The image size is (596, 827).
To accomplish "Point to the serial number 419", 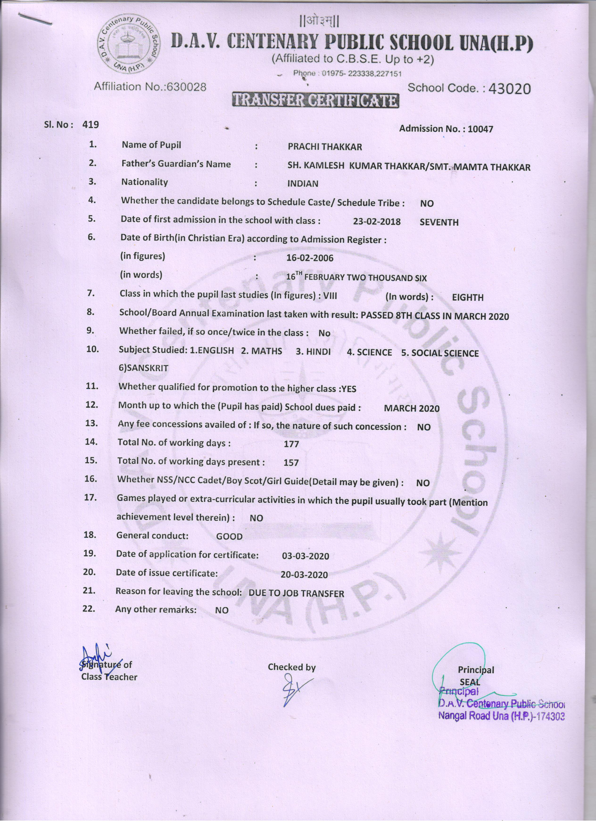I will point(90,125).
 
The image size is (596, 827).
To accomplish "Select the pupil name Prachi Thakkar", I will point(325,147).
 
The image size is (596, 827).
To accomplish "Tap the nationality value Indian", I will point(302,184).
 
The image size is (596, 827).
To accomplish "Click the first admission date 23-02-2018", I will point(377,222).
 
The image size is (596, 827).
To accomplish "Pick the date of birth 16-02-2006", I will point(310,258).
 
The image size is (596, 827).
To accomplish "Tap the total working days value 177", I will point(291,444).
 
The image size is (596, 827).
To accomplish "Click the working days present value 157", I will point(291,463).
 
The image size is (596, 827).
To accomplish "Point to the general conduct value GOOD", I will point(229,536).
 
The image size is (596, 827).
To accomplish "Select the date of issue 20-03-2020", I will point(304,575).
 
